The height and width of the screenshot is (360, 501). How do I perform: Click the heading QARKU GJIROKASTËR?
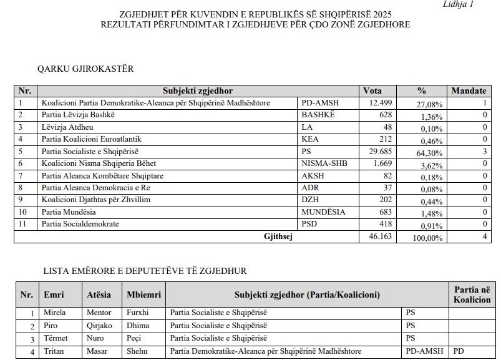[x=85, y=69]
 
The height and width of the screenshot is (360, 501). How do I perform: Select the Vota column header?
[x=372, y=91]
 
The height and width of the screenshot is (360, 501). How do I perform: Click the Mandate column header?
[x=469, y=91]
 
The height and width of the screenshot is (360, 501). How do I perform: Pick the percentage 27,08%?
[x=429, y=104]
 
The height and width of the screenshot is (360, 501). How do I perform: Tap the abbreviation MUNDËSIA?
[x=323, y=212]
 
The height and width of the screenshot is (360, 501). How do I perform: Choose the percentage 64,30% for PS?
[x=429, y=152]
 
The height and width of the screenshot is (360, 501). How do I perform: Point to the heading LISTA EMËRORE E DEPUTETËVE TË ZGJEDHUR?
[x=145, y=271]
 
